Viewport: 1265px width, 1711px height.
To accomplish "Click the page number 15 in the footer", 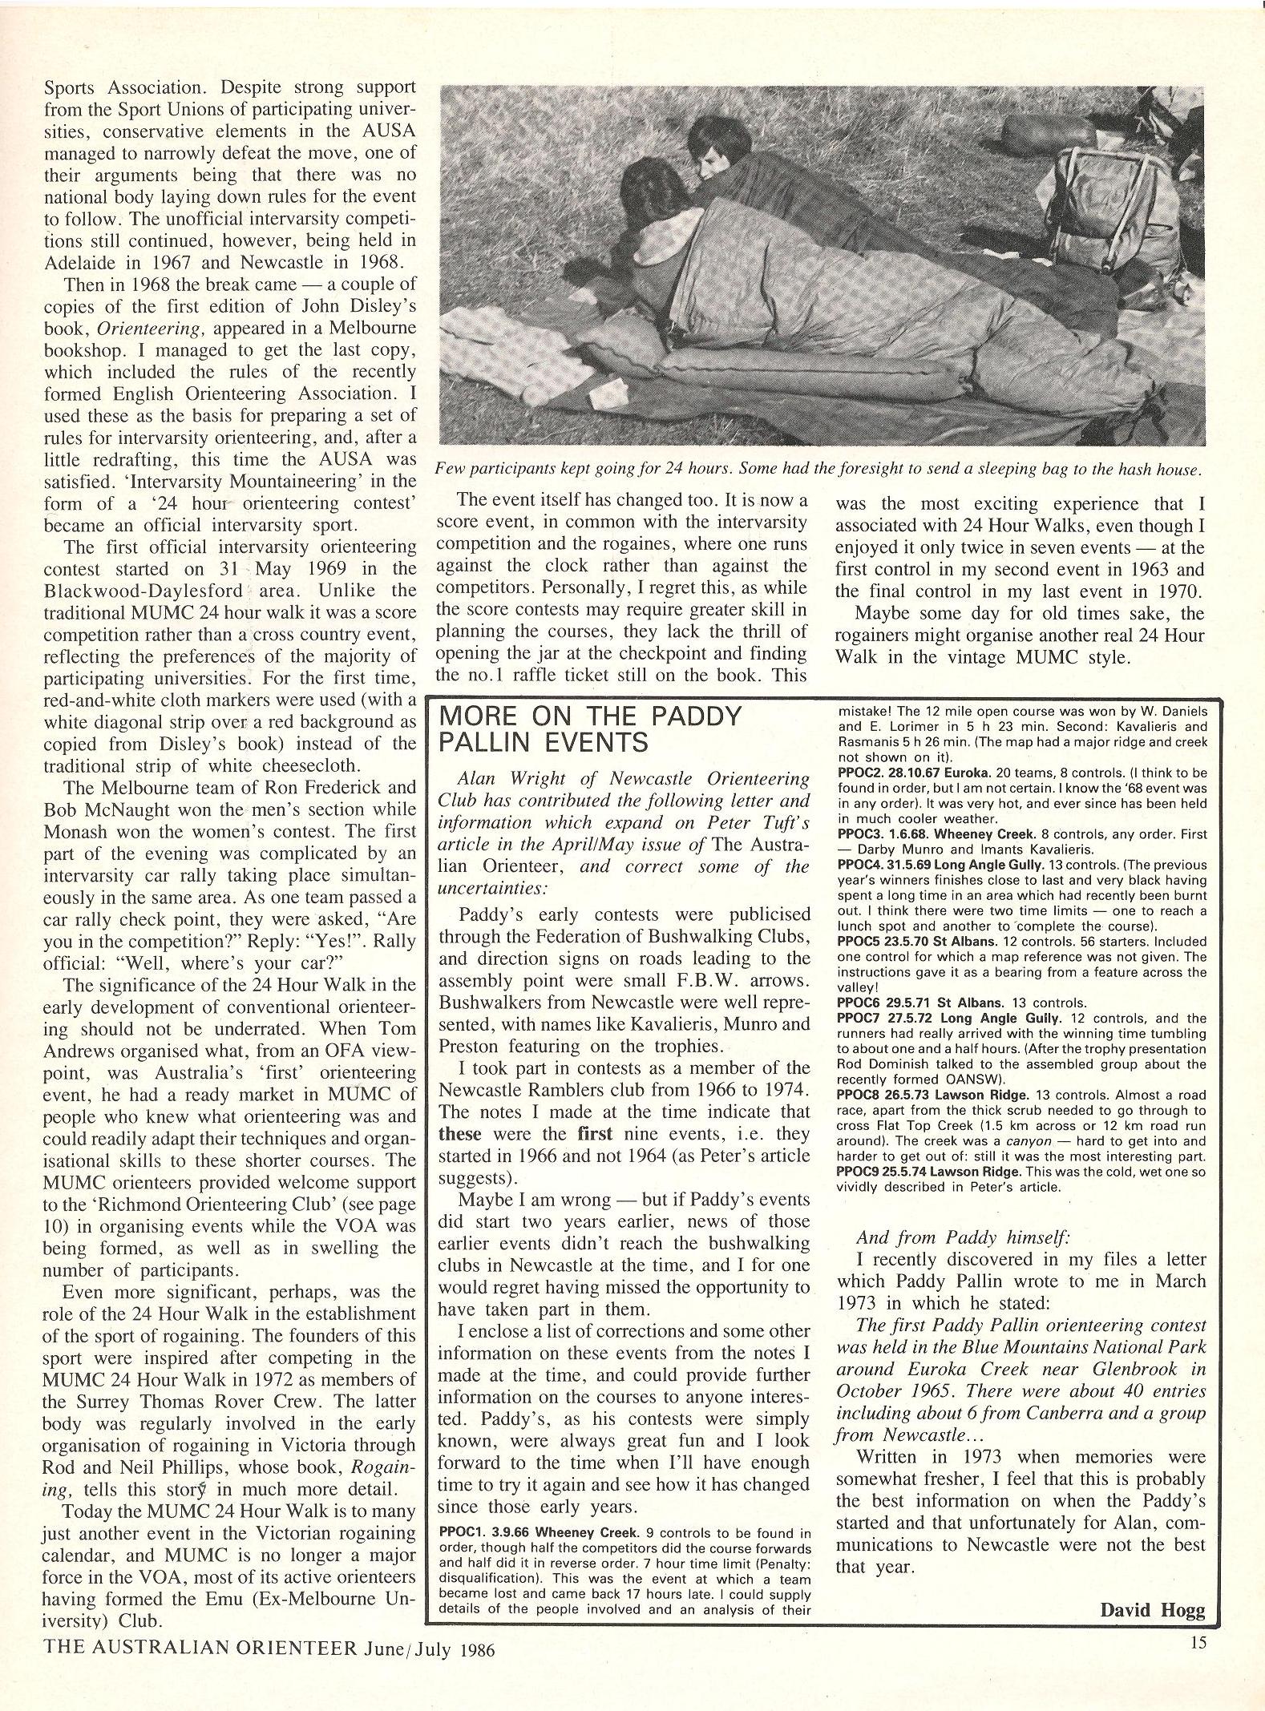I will [x=1198, y=1687].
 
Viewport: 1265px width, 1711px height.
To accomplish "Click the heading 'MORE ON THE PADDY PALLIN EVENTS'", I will [x=590, y=729].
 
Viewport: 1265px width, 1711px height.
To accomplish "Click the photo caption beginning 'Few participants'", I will [x=818, y=470].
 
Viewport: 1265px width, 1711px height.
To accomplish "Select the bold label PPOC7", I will [x=860, y=1019].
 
